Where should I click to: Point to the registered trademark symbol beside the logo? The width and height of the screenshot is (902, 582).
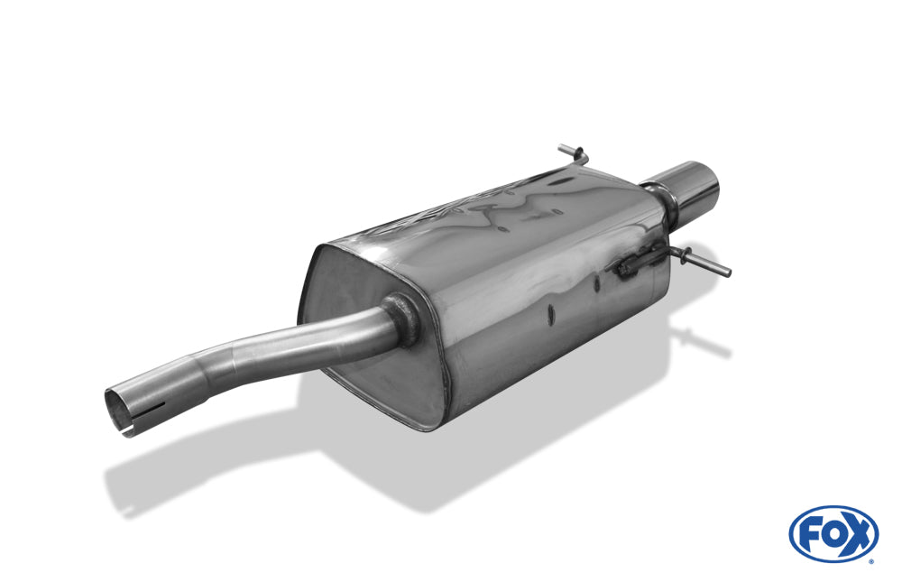(871, 561)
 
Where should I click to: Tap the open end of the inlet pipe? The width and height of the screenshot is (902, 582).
(119, 411)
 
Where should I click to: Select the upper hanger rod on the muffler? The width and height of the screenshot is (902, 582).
(573, 154)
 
